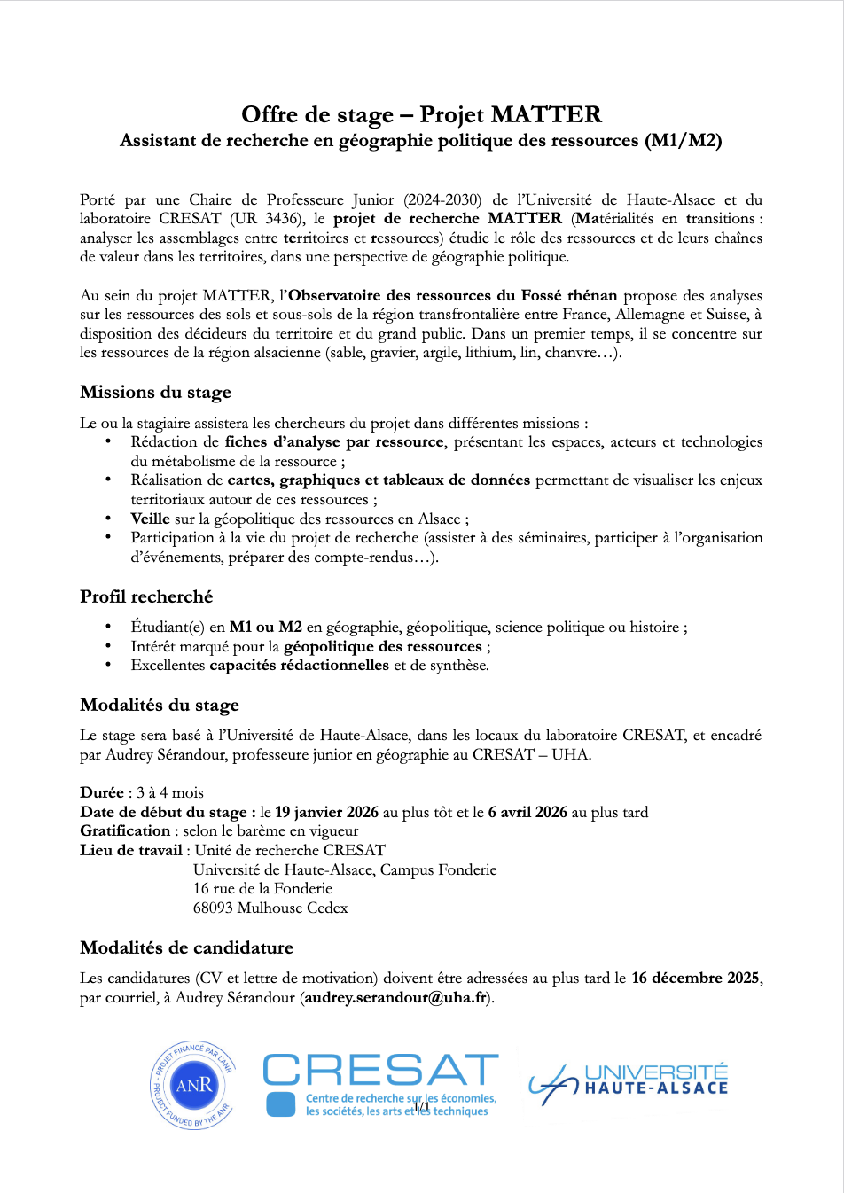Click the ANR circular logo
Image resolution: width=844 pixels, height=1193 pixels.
193,1086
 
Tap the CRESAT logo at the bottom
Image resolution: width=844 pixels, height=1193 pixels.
380,1084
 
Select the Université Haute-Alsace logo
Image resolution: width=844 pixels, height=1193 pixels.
629,1083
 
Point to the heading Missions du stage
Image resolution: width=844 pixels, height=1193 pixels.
155,392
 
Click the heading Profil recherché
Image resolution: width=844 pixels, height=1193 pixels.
146,596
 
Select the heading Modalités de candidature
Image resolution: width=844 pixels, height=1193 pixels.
186,947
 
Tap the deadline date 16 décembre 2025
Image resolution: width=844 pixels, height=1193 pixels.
695,978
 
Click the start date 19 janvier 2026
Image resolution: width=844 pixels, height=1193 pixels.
326,812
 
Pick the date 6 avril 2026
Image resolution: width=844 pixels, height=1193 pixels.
527,812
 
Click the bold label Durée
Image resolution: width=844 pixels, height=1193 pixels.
102,792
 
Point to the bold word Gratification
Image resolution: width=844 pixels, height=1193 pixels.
125,830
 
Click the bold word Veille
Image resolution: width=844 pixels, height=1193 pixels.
151,519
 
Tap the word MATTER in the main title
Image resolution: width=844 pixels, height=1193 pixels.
546,114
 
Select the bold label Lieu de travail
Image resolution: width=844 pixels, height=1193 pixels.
130,850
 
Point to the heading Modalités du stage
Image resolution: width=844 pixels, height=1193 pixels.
160,705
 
